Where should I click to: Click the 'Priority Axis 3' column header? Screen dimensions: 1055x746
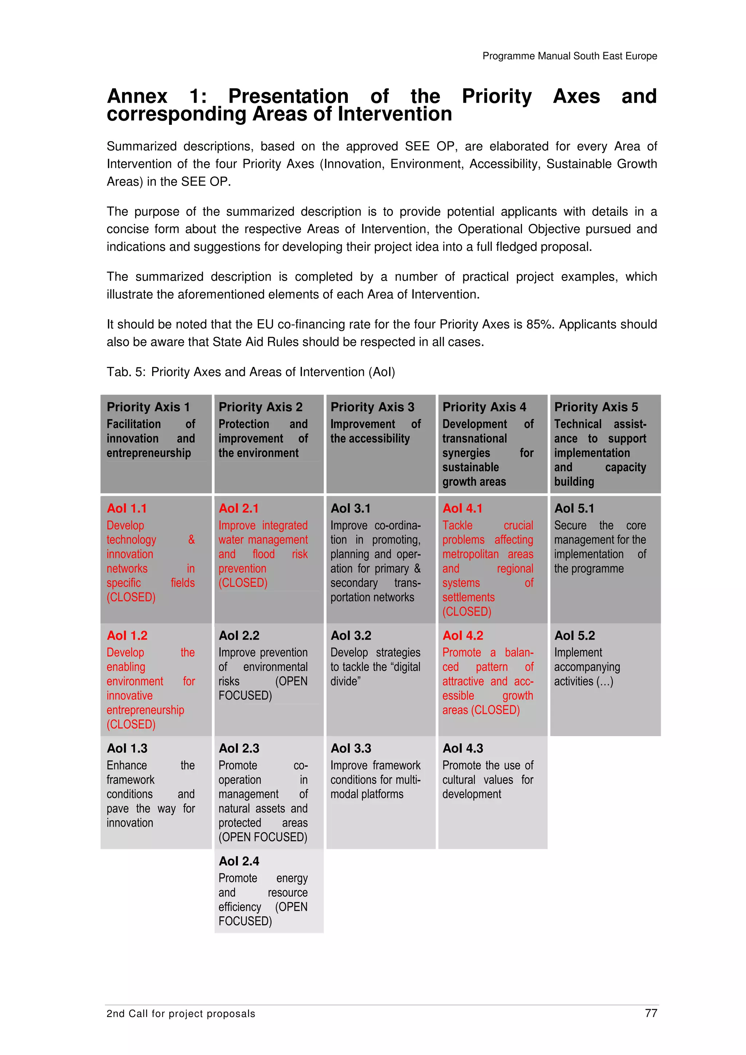pos(372,407)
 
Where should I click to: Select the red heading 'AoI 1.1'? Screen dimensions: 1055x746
pos(127,508)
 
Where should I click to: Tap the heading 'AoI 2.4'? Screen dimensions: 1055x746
pos(239,861)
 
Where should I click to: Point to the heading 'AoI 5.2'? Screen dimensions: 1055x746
pos(574,636)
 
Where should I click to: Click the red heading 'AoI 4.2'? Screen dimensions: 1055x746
pos(463,636)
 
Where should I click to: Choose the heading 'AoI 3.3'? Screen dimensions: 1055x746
pos(351,748)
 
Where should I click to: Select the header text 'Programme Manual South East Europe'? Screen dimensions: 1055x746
pos(569,56)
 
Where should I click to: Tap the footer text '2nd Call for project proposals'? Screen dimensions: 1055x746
pos(181,1013)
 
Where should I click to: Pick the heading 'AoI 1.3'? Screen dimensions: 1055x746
pos(127,748)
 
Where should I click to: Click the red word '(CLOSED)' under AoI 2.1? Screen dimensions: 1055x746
pos(243,582)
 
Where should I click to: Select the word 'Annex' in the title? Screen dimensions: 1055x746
pos(137,96)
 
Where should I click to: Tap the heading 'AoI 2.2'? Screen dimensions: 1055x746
pos(239,636)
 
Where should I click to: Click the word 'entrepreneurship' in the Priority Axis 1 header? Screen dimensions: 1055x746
pos(149,453)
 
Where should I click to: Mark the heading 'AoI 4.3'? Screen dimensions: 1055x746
pos(463,748)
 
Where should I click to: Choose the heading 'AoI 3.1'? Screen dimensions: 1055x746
pos(351,508)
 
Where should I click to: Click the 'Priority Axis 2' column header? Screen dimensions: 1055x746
pos(260,407)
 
